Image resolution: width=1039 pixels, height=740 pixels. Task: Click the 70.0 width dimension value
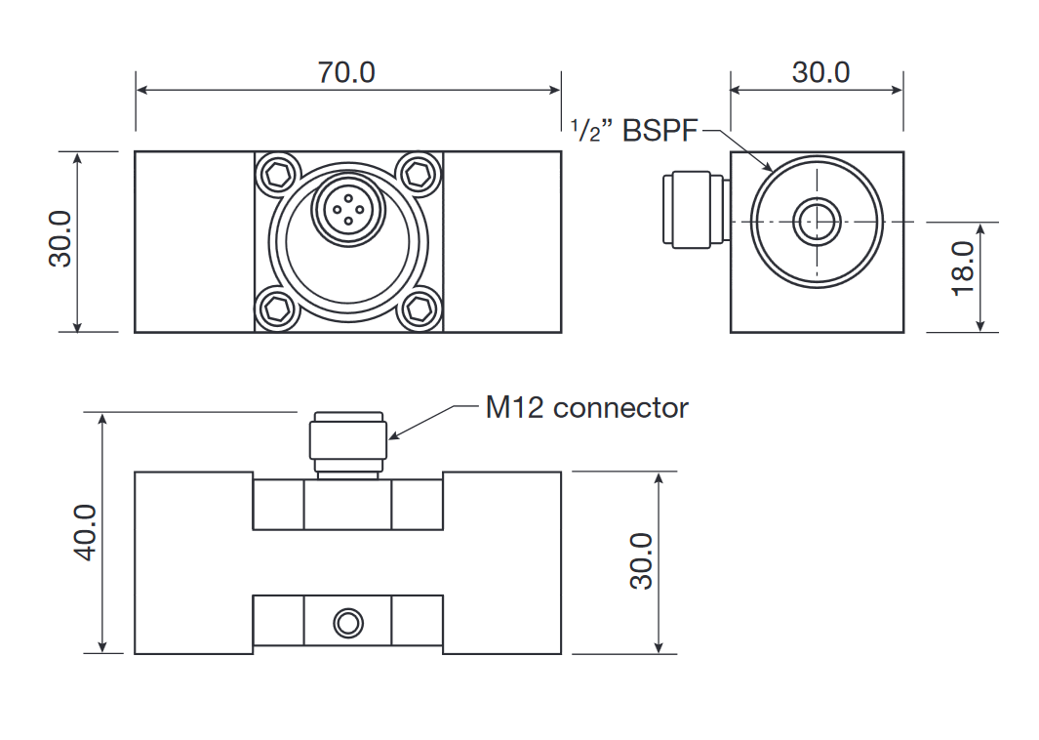(x=346, y=72)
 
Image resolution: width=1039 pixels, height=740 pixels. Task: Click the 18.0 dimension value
(x=963, y=268)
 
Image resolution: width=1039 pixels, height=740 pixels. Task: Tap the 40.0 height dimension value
(x=86, y=532)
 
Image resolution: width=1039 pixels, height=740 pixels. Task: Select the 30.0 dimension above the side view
(x=820, y=72)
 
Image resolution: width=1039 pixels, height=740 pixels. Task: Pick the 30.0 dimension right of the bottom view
(x=641, y=560)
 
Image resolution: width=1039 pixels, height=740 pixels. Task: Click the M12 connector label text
(x=586, y=408)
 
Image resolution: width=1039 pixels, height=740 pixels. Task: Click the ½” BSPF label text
(x=635, y=130)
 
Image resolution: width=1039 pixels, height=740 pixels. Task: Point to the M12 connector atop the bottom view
(x=348, y=440)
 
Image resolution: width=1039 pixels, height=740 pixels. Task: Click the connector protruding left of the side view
(x=693, y=209)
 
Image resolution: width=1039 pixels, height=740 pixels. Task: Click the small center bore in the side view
(x=816, y=222)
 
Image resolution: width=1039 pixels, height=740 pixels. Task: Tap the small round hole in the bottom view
(x=347, y=622)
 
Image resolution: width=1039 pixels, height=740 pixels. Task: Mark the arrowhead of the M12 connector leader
(x=393, y=435)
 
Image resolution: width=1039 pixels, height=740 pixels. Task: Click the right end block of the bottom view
(x=502, y=562)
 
